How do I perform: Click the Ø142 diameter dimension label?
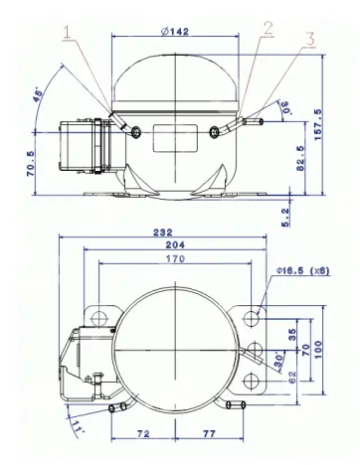tap(175, 31)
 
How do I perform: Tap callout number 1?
tap(68, 33)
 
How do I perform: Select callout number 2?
tap(269, 28)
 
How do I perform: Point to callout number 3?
tap(309, 39)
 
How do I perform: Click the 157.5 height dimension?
tap(317, 125)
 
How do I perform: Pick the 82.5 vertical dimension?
tap(300, 158)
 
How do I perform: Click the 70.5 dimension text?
tap(30, 164)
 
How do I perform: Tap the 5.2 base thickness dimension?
tap(285, 218)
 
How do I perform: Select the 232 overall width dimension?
tap(163, 232)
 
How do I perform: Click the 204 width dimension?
tap(175, 244)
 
